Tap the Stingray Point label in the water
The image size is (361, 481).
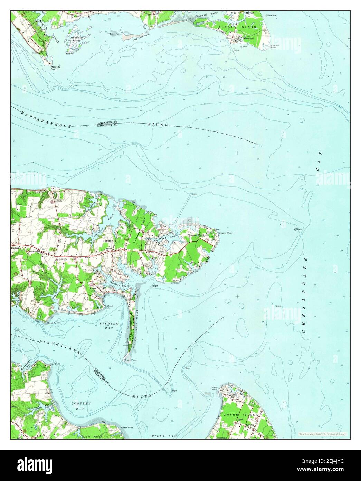[x=225, y=233]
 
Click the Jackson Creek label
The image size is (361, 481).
[x=117, y=284]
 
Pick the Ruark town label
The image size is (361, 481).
[x=93, y=288]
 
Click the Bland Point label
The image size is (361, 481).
[x=53, y=323]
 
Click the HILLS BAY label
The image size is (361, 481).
[x=164, y=437]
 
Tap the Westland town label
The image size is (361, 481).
[x=248, y=38]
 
